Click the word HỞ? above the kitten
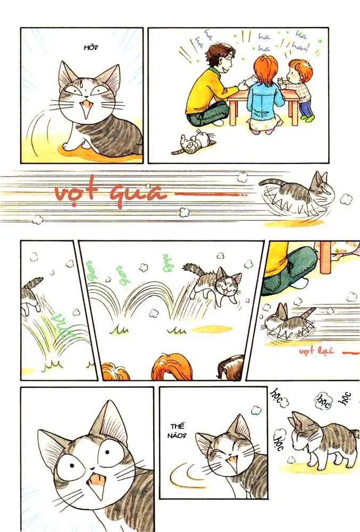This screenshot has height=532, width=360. point(91,48)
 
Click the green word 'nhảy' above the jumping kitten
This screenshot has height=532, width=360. point(166,261)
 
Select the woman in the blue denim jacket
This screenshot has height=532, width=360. point(264,98)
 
